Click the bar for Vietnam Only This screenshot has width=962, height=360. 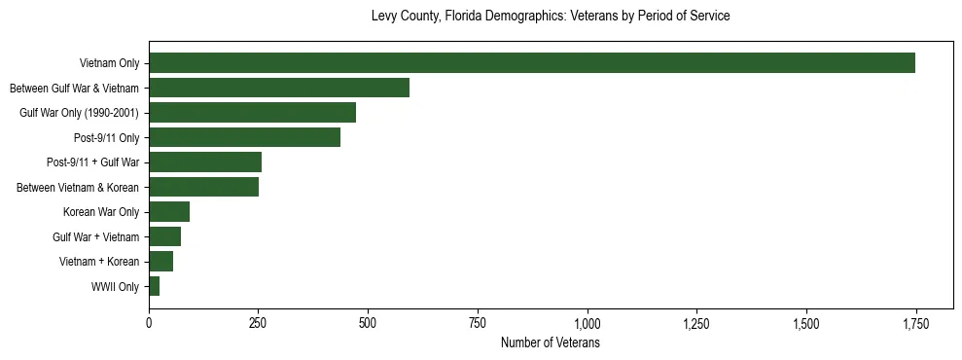coord(531,63)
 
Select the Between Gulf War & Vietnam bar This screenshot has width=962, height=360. coord(279,89)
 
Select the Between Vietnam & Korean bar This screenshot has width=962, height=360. coord(203,187)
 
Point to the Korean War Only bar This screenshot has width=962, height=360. coord(169,212)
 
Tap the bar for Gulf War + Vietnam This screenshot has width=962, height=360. coord(164,236)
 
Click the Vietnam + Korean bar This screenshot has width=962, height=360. coord(160,262)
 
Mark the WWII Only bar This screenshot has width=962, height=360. coord(154,286)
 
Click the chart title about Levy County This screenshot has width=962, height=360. coord(551,17)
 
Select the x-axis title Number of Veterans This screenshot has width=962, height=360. coord(551,342)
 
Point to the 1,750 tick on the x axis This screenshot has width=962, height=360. coord(915,323)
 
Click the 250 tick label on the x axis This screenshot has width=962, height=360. coord(258,323)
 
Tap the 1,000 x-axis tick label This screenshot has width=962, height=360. coord(587,323)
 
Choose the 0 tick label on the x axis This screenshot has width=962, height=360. coord(149,323)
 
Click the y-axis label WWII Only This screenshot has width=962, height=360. coord(115,287)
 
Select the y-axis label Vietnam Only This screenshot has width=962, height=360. coord(109,64)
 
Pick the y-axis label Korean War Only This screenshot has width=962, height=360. coord(101,212)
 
